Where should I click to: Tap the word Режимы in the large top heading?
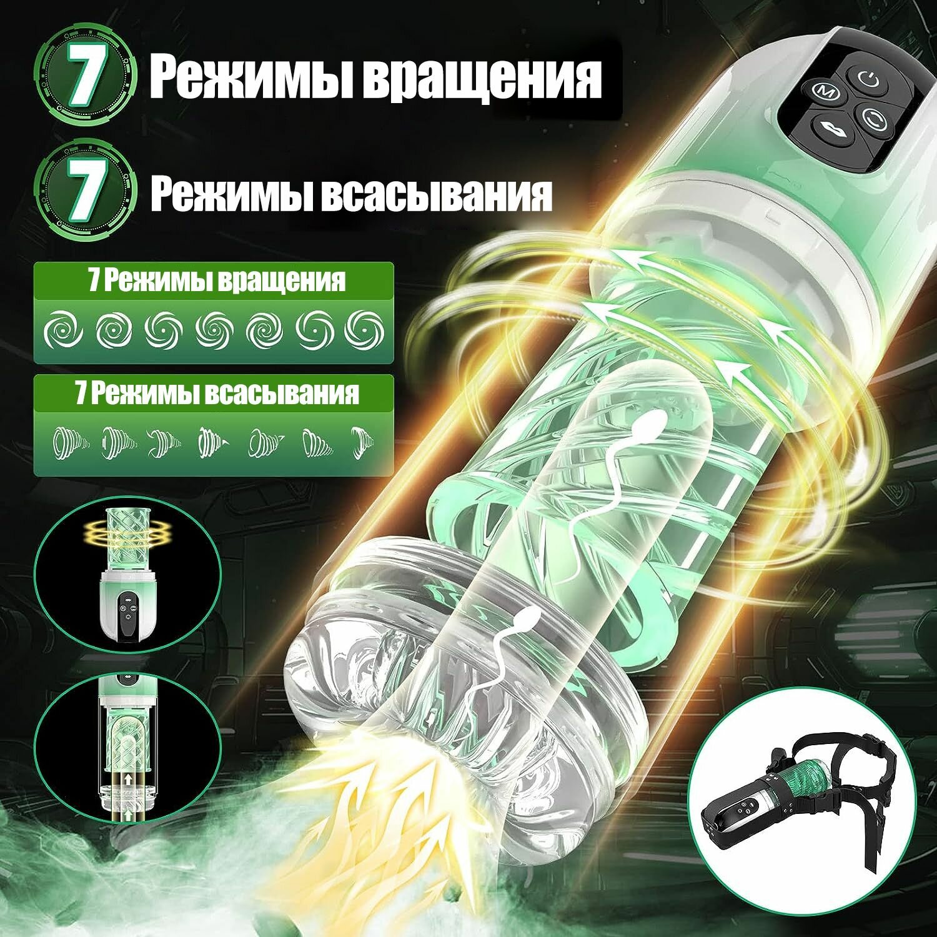tap(250, 77)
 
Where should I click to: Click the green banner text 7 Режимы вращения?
tap(216, 281)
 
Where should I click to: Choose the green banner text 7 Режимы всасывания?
tap(216, 394)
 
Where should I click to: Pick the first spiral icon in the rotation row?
tap(64, 330)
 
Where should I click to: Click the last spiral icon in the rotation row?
tap(364, 330)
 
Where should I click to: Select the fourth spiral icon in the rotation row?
tap(214, 330)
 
